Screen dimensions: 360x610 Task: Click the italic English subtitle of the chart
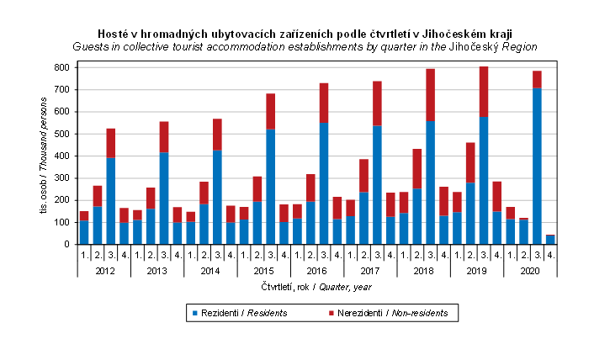coord(305,47)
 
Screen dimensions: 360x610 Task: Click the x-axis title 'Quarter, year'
coord(304,287)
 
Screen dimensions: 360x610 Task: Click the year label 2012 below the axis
coord(104,271)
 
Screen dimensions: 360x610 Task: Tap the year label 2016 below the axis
coord(318,271)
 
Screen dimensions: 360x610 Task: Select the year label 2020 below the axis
coord(531,271)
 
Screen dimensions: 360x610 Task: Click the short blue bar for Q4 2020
coord(550,240)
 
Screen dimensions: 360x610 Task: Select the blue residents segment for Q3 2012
coord(110,201)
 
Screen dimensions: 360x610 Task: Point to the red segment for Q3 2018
coord(430,95)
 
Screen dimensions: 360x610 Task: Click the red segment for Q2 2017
coord(363,176)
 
